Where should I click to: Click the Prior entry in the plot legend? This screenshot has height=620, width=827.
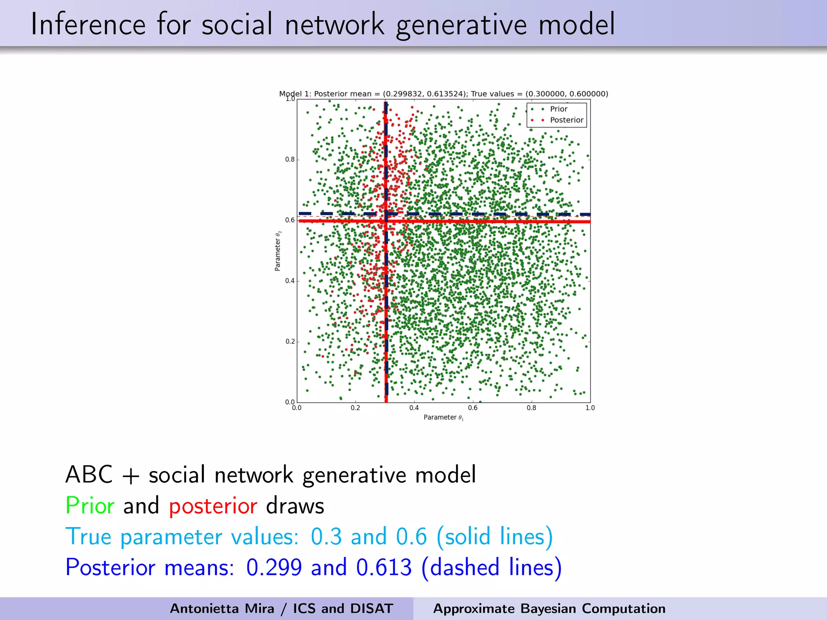(558, 109)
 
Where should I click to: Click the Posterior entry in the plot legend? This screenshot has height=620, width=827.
(566, 120)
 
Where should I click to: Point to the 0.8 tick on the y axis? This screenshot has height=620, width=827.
(290, 159)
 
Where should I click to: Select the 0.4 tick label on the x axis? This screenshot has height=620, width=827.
(414, 408)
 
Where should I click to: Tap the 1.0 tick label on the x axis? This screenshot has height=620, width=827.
(590, 408)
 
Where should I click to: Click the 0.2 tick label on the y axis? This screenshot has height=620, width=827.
(290, 341)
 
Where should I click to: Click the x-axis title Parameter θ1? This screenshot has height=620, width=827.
(443, 417)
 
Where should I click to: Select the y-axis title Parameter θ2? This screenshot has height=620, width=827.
(278, 251)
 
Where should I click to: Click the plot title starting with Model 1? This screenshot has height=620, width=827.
(443, 94)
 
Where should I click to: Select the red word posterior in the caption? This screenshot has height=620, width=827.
(213, 506)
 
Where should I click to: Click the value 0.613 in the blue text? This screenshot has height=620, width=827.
(384, 567)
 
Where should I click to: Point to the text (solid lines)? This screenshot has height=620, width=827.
(495, 536)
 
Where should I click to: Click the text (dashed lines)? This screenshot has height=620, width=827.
(491, 567)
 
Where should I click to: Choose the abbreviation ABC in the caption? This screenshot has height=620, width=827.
(89, 474)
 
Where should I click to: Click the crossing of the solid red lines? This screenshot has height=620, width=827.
(386, 221)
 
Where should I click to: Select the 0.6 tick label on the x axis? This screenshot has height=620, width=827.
(473, 408)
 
